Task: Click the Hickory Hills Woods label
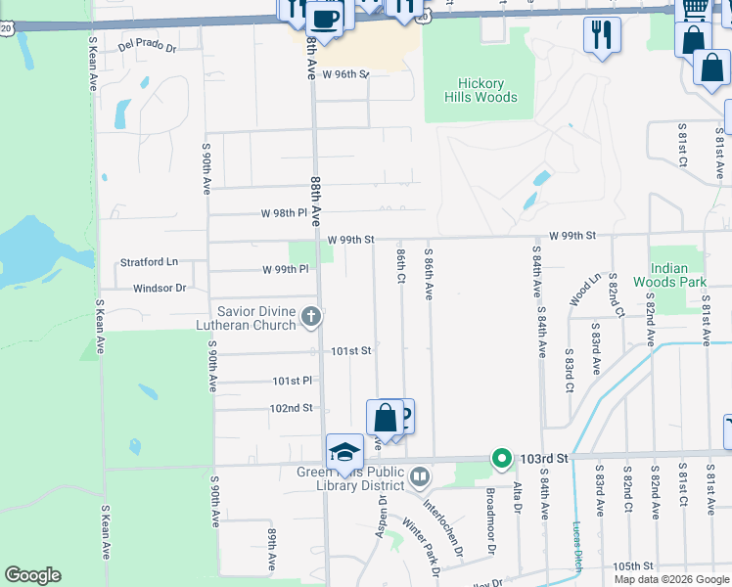click(480, 90)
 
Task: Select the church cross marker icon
click(311, 316)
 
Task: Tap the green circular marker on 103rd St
click(502, 458)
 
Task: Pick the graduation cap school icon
click(344, 451)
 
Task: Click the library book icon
click(419, 476)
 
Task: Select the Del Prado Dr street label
click(147, 46)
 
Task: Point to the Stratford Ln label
click(150, 262)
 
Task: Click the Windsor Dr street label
click(160, 288)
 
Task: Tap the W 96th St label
click(346, 74)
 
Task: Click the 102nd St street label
click(292, 407)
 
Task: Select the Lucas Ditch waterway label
click(577, 546)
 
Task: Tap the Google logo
click(32, 575)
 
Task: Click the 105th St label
click(633, 566)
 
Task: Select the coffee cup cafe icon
click(325, 18)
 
